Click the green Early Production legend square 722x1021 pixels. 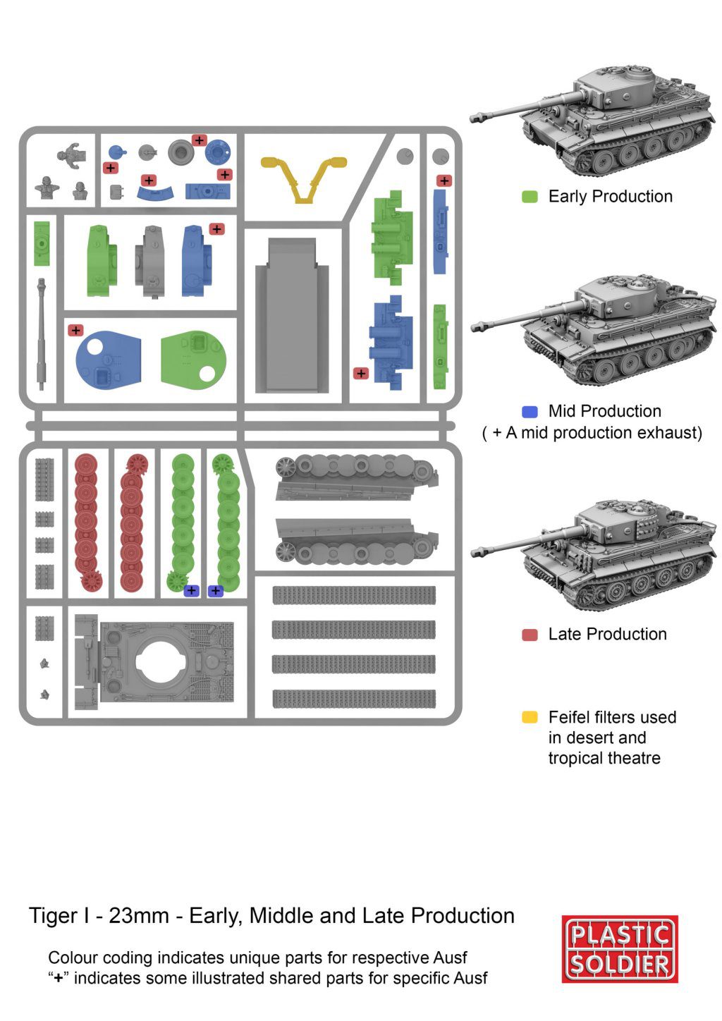(530, 197)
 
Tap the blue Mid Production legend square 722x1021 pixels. (530, 412)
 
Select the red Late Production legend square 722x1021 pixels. (530, 635)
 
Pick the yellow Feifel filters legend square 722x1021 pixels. (530, 718)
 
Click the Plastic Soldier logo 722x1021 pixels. (620, 949)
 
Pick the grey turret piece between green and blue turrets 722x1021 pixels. (151, 261)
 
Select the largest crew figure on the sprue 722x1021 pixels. (72, 154)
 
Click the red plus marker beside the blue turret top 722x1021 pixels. (75, 330)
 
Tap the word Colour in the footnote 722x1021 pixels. (73, 958)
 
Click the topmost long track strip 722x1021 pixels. (354, 595)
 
